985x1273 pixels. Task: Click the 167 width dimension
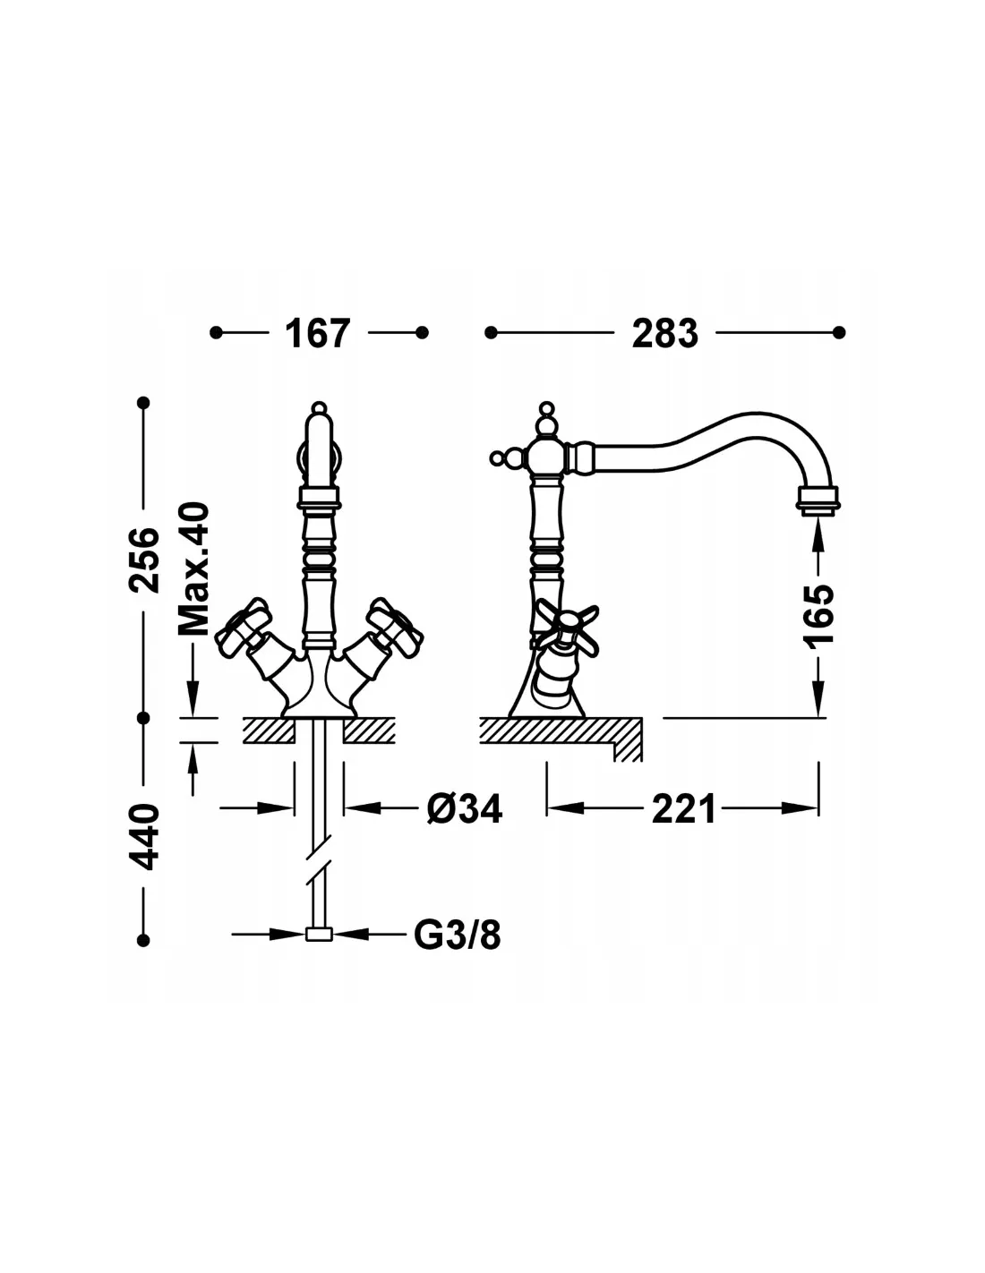pyautogui.click(x=317, y=333)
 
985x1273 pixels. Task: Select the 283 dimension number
pyautogui.click(x=665, y=333)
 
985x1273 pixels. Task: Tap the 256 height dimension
pyautogui.click(x=143, y=560)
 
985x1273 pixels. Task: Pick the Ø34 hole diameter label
pyautogui.click(x=465, y=809)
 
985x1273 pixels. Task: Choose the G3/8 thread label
pyautogui.click(x=458, y=935)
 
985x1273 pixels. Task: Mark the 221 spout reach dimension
pyautogui.click(x=683, y=809)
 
